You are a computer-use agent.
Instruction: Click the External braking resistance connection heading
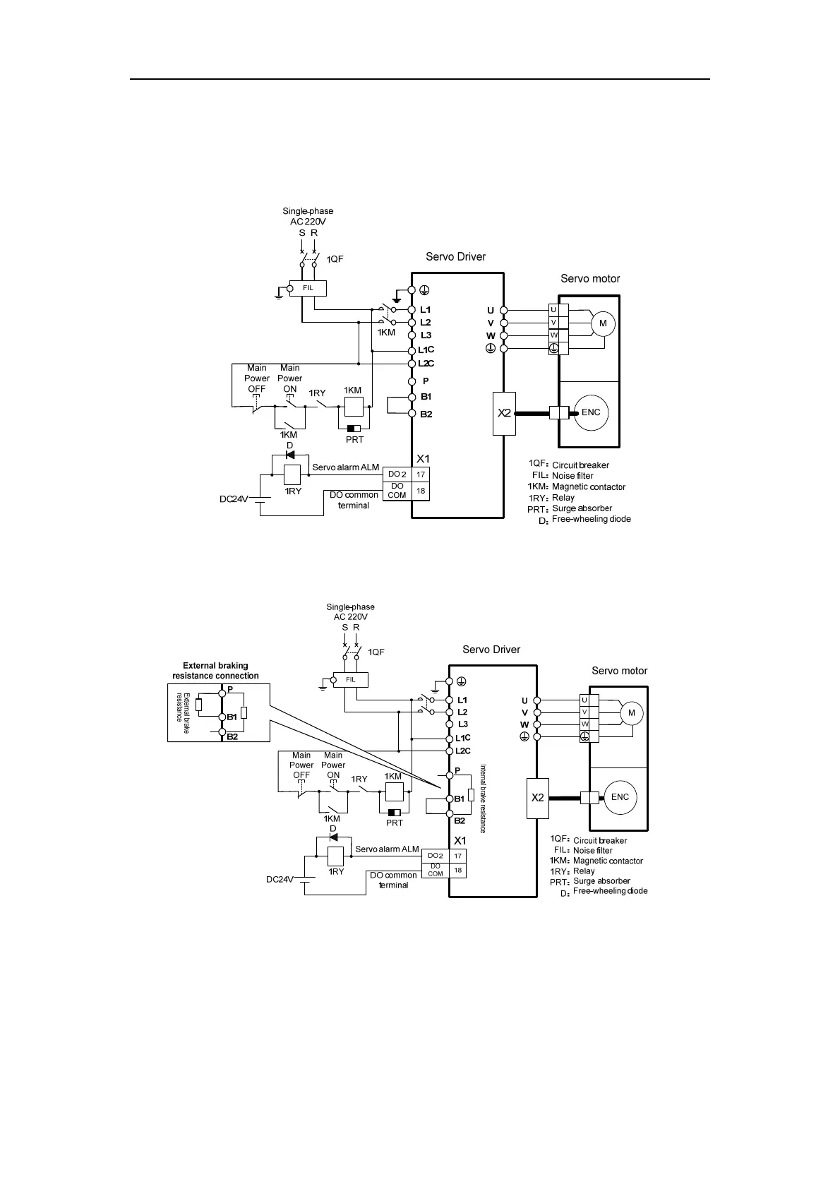coord(215,671)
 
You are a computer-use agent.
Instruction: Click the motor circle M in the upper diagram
coord(603,323)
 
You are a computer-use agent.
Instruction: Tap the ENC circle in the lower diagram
coord(620,797)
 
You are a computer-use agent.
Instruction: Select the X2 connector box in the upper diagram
coord(504,413)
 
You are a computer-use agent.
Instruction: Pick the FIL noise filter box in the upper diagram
coord(308,288)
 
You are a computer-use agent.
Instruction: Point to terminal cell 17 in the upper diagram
coord(421,475)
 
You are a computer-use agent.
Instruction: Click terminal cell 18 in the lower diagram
coord(457,871)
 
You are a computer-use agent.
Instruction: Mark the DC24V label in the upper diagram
coord(234,499)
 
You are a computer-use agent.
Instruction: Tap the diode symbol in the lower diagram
coord(333,838)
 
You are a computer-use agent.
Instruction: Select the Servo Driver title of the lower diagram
coord(491,650)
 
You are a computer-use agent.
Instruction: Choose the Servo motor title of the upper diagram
coord(590,279)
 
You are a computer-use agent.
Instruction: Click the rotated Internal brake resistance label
coord(483,798)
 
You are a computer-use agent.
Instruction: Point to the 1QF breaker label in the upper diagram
coord(335,259)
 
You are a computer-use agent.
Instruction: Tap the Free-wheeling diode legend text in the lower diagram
coord(610,891)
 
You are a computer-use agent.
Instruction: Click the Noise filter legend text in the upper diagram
coord(572,476)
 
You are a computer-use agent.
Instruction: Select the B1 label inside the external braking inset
coord(232,717)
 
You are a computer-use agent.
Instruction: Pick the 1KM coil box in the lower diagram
coord(393,791)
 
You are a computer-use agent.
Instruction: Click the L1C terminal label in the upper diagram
coord(426,350)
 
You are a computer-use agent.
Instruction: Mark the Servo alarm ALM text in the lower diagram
coord(387,849)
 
